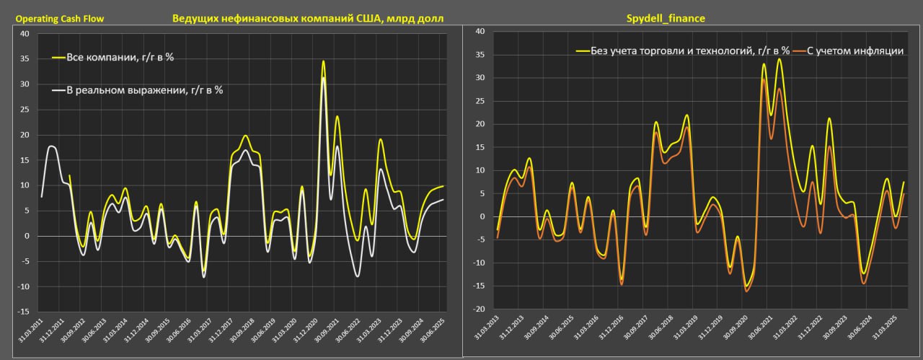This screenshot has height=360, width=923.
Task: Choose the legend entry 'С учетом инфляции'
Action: (x=854, y=51)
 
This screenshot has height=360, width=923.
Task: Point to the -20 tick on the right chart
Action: (x=478, y=309)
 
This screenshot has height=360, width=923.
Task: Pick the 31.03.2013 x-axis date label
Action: (x=486, y=333)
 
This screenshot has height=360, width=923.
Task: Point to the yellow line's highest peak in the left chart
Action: (x=322, y=61)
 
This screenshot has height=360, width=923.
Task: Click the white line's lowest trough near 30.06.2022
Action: (x=357, y=276)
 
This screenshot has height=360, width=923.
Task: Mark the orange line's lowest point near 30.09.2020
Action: (x=747, y=291)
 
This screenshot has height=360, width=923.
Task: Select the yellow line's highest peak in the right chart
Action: (x=779, y=59)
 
